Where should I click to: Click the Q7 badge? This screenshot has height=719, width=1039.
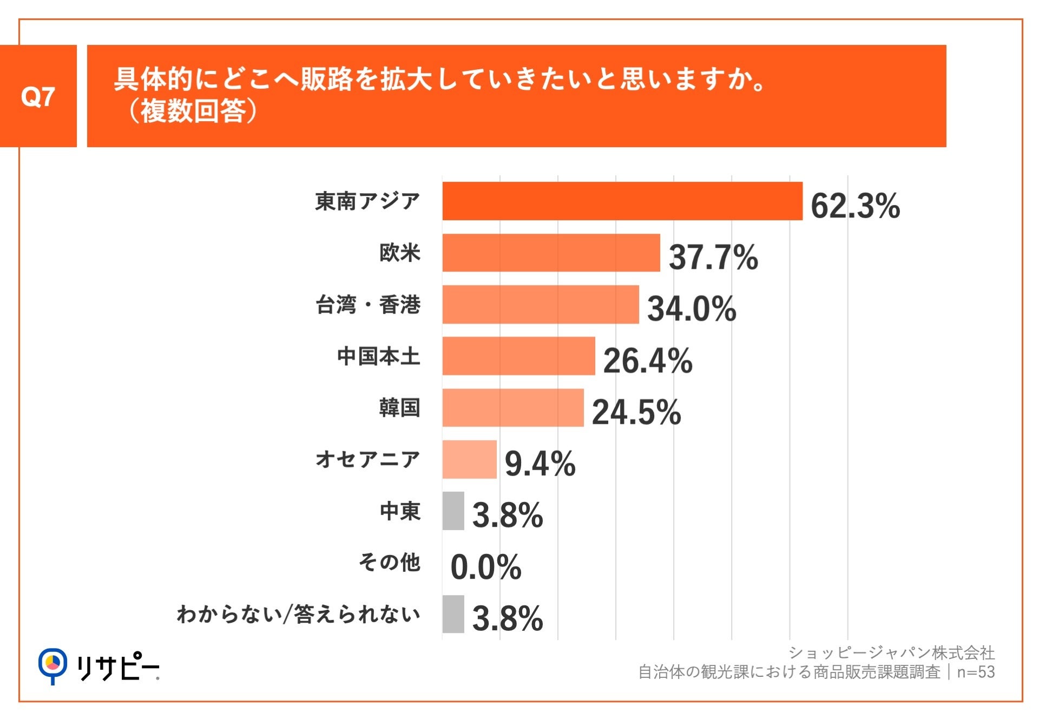(38, 96)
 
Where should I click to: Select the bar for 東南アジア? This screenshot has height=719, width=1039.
(622, 201)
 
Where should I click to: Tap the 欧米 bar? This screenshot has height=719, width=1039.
(551, 253)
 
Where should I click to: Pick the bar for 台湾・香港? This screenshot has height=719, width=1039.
(540, 305)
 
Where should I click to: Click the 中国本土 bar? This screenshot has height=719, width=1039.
(518, 356)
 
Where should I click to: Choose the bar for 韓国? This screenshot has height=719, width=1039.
(512, 407)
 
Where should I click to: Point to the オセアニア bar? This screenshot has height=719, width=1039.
(469, 459)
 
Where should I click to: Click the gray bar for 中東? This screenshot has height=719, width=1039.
(453, 511)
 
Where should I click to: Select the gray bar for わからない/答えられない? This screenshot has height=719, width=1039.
(453, 614)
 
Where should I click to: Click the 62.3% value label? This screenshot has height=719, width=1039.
(855, 206)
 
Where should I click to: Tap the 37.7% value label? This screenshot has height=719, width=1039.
(713, 257)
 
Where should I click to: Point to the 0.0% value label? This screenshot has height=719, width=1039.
(485, 567)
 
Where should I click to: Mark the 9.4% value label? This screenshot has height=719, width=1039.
(540, 464)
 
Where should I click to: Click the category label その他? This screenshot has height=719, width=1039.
(389, 563)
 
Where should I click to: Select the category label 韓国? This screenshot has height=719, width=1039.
(399, 407)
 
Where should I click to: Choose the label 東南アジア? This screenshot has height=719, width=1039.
(367, 201)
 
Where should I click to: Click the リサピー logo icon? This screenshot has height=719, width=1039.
(52, 665)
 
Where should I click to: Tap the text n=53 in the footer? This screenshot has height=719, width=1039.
(976, 672)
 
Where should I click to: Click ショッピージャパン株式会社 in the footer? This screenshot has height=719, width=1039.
(891, 652)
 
